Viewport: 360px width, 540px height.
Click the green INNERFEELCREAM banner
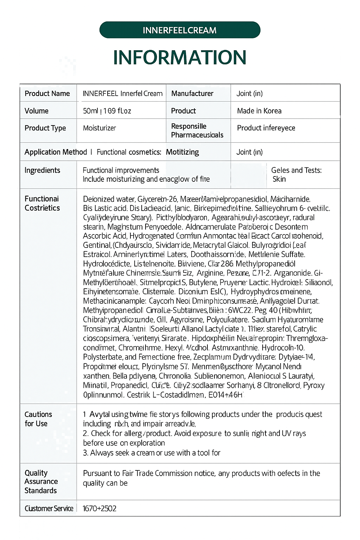[180, 30]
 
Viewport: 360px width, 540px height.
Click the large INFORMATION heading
[180, 58]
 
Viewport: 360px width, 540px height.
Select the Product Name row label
[47, 94]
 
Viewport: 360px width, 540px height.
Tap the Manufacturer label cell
[192, 94]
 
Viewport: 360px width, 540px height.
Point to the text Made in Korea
[259, 111]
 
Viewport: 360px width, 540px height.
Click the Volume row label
[37, 111]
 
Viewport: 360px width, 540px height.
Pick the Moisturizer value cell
[99, 128]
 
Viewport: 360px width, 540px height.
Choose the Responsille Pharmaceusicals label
[197, 130]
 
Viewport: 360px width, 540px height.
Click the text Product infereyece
[266, 128]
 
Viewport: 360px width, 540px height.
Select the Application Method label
[56, 152]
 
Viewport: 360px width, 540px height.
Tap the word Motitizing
[182, 152]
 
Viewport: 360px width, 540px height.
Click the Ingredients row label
[42, 170]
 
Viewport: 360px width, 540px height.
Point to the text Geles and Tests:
[296, 170]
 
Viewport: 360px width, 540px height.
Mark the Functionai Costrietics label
[42, 203]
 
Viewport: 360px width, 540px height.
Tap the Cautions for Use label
[38, 419]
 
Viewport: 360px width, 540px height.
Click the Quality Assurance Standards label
[41, 481]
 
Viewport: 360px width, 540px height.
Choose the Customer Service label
[49, 508]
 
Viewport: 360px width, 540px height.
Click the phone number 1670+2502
[99, 508]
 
